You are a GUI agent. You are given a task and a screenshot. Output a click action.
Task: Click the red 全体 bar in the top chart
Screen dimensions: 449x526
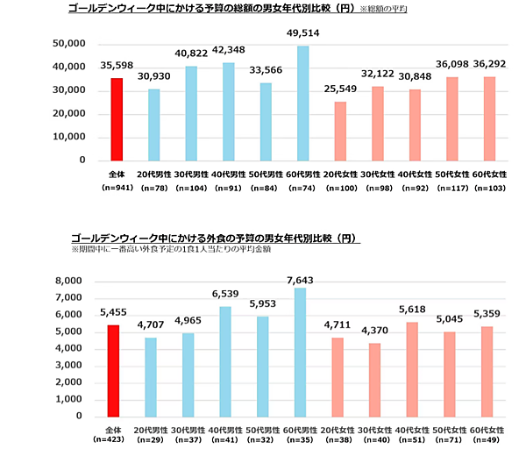tap(116, 119)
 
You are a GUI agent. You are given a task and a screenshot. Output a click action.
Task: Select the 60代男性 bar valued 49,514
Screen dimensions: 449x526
tap(303, 103)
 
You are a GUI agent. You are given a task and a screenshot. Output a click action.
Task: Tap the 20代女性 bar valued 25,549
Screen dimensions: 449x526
tap(340, 131)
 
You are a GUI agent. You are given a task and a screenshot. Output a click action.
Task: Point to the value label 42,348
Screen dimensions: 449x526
tap(228, 49)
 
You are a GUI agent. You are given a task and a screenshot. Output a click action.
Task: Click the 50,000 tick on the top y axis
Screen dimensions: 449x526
tap(68, 44)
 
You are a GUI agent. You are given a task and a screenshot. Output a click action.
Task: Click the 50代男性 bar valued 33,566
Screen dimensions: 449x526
tap(266, 122)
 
